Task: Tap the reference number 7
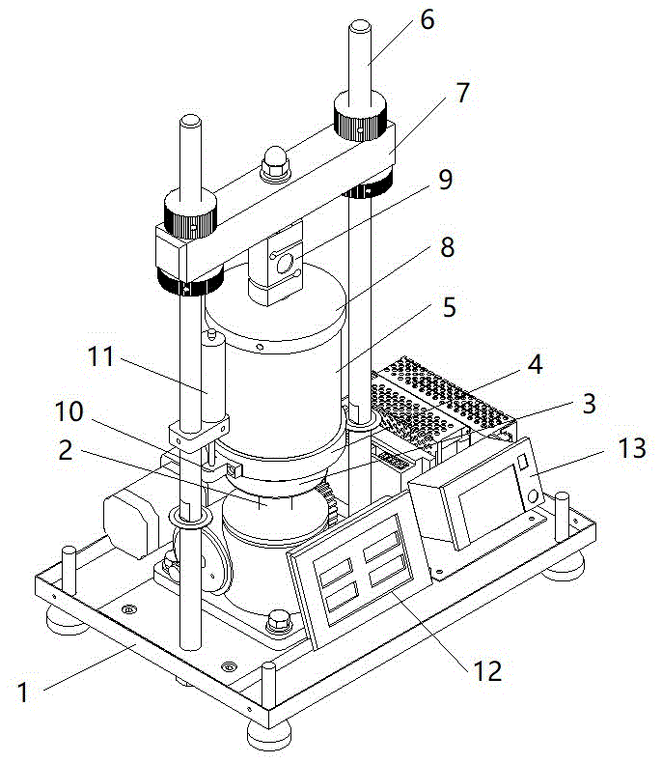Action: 461,93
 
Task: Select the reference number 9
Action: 445,180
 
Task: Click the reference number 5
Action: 450,310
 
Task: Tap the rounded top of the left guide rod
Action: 190,122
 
